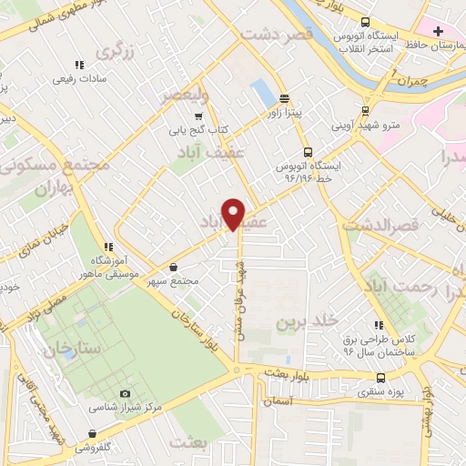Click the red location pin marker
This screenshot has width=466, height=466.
234,215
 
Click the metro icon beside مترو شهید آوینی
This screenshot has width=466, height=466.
365,110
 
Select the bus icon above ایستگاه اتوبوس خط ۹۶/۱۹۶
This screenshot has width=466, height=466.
307,153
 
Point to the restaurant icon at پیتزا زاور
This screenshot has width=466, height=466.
284,98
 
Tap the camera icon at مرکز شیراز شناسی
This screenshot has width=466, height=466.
124,393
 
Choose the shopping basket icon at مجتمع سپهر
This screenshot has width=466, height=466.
174,268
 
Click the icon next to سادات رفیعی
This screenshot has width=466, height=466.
79,65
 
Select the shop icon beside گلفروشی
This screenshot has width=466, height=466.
92,434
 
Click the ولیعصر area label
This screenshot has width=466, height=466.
186,94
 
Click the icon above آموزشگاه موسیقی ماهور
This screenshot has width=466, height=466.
108,247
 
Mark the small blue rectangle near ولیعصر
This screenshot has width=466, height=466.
263,91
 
